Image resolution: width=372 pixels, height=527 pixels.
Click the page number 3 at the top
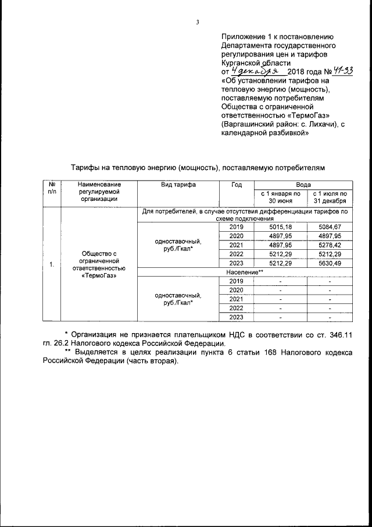[x=197, y=23]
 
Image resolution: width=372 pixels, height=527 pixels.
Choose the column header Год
[x=236, y=185]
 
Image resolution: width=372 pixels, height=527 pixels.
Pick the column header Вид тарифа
[x=178, y=185]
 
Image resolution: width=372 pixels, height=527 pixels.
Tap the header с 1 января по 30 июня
[x=280, y=197]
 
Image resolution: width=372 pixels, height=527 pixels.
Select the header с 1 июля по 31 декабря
[x=329, y=197]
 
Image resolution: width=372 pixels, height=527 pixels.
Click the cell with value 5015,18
[x=280, y=227]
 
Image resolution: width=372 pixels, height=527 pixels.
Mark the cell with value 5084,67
[x=329, y=227]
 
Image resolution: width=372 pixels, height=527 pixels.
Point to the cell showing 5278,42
[x=329, y=245]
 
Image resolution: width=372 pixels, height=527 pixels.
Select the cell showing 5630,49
[x=329, y=263]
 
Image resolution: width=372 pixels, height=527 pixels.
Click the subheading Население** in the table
[x=245, y=272]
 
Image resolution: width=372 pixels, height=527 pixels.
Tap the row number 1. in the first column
[x=52, y=266]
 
